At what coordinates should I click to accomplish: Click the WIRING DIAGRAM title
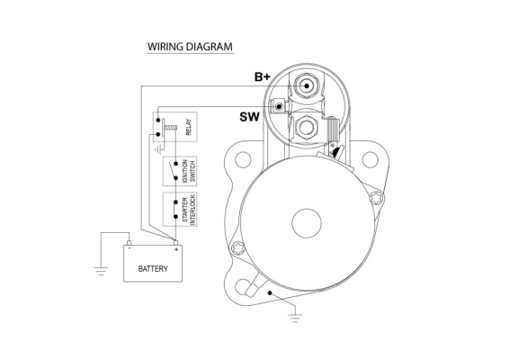[x=190, y=47]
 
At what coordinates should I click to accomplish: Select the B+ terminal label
[x=263, y=77]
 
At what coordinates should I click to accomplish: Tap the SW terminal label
[x=250, y=117]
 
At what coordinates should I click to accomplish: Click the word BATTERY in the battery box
[x=153, y=269]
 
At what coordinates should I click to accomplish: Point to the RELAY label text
[x=189, y=127]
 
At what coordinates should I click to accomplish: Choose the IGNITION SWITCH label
[x=189, y=171]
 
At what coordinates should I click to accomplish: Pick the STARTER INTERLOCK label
[x=189, y=210]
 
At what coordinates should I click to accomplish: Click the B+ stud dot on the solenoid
[x=306, y=86]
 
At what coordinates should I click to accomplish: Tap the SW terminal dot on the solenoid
[x=279, y=106]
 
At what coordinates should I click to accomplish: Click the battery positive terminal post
[x=176, y=243]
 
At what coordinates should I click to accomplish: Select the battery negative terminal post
[x=129, y=243]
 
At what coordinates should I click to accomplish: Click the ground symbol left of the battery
[x=101, y=271]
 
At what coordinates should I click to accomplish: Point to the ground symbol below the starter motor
[x=295, y=318]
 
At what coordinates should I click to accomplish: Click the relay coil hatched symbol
[x=171, y=128]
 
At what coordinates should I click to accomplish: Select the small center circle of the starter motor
[x=307, y=223]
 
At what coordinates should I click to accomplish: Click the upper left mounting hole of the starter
[x=243, y=160]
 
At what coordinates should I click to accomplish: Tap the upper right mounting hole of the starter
[x=370, y=160]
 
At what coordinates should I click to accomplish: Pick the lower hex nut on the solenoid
[x=306, y=128]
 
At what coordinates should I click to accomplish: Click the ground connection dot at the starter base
[x=270, y=293]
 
